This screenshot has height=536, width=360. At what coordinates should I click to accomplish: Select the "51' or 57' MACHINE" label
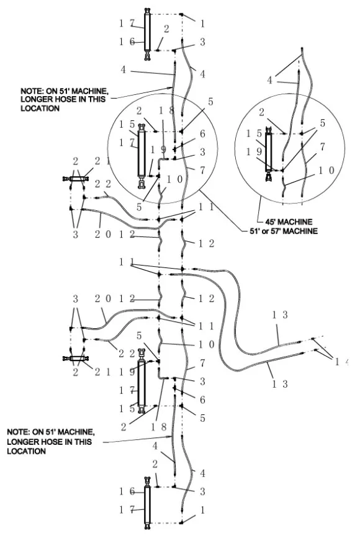tap(284, 231)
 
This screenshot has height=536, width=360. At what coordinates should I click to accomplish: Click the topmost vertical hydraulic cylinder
tap(147, 34)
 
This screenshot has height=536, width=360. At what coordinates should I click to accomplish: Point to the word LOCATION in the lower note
tap(26, 451)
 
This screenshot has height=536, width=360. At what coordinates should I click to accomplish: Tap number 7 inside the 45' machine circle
tap(322, 147)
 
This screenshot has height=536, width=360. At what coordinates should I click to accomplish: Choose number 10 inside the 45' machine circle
tap(326, 170)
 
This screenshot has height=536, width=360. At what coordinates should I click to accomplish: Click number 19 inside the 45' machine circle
tap(254, 151)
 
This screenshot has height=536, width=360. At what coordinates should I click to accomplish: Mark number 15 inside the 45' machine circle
tap(254, 133)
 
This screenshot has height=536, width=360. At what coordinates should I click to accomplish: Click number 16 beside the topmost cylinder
tap(127, 42)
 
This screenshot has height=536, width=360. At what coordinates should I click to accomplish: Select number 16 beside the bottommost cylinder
tap(127, 491)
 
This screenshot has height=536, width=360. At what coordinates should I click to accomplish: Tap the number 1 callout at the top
tap(203, 23)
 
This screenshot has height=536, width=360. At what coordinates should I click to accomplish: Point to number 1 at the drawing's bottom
tap(203, 510)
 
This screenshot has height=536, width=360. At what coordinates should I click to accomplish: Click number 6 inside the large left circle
tap(203, 133)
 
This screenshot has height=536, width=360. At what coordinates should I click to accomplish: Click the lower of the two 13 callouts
tap(280, 384)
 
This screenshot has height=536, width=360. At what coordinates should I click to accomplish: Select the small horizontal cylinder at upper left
tap(76, 179)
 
